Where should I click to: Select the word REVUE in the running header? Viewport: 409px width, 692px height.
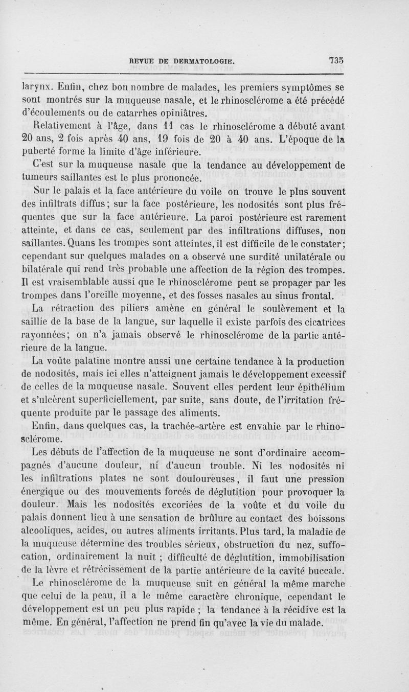(x=142, y=59)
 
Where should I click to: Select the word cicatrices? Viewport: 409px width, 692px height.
(x=317, y=322)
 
